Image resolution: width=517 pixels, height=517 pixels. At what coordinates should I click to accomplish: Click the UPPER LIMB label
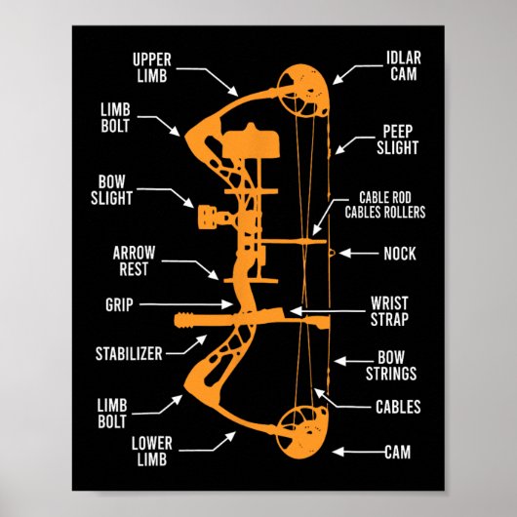[x=151, y=67]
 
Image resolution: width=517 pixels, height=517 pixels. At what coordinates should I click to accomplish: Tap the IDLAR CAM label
[x=403, y=66]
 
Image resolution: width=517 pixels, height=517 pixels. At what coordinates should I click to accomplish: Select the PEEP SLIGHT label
[x=399, y=139]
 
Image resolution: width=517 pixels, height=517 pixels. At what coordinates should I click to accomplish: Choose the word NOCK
[x=399, y=254]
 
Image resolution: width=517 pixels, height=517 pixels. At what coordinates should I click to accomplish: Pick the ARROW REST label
[x=134, y=259]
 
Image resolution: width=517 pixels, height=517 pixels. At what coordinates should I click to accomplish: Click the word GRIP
[x=118, y=304]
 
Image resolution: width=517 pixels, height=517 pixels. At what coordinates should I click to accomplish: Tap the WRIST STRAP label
[x=389, y=310]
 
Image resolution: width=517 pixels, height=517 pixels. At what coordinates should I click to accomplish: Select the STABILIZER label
[x=129, y=353]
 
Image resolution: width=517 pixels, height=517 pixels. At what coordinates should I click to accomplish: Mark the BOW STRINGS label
[x=396, y=366]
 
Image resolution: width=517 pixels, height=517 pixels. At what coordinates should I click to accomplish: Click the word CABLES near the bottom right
[x=398, y=407]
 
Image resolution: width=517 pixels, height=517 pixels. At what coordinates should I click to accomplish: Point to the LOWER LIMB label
[x=151, y=450]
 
